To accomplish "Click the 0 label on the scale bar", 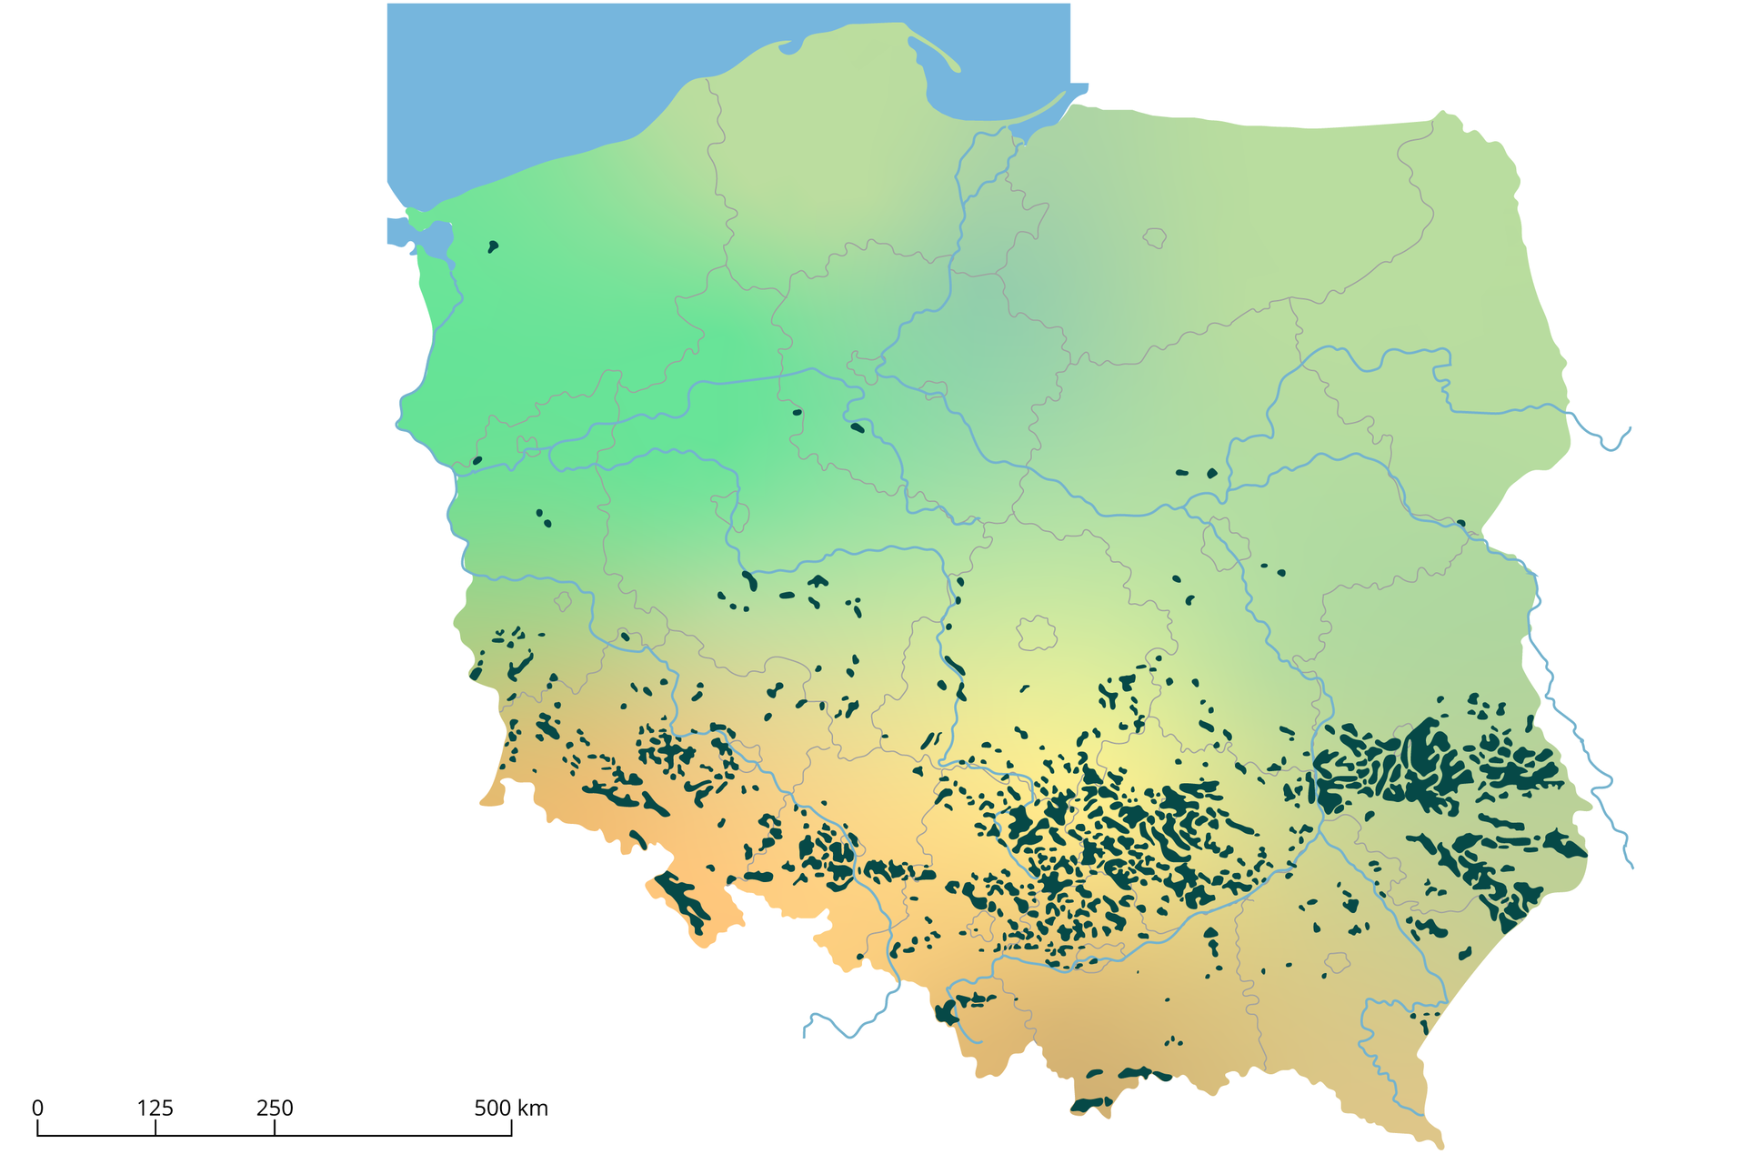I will pyautogui.click(x=37, y=1108).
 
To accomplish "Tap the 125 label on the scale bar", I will pyautogui.click(x=156, y=1108).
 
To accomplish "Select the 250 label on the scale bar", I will pyautogui.click(x=275, y=1108).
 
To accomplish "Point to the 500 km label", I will pyautogui.click(x=511, y=1108).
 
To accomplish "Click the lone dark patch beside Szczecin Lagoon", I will pyautogui.click(x=493, y=246).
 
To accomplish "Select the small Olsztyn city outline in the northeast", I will pyautogui.click(x=1155, y=238).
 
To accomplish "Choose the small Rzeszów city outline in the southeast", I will pyautogui.click(x=1337, y=962).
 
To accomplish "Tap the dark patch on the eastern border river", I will pyautogui.click(x=1460, y=523).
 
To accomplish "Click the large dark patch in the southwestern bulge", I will pyautogui.click(x=682, y=900).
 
